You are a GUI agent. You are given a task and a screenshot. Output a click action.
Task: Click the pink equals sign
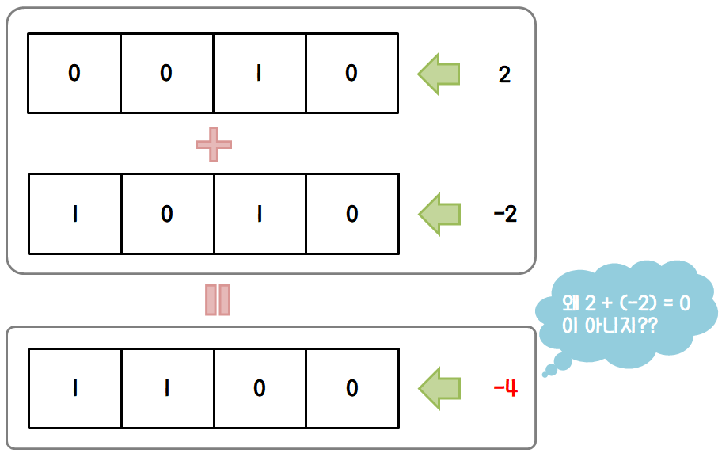click(x=217, y=299)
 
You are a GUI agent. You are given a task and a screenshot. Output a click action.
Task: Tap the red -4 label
click(x=505, y=388)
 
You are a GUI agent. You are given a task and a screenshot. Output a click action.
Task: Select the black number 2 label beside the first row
click(x=504, y=75)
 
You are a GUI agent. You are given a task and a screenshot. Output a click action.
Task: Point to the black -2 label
click(x=504, y=215)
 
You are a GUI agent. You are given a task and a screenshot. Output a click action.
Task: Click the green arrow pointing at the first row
click(x=439, y=74)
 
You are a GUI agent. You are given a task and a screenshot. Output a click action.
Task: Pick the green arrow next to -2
click(x=439, y=214)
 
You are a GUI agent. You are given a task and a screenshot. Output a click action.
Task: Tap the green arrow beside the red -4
click(x=439, y=388)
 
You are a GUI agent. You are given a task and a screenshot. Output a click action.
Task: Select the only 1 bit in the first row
click(x=259, y=74)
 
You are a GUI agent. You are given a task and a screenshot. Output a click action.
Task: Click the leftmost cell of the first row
click(x=74, y=74)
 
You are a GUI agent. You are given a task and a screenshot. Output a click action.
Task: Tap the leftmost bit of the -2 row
click(x=74, y=214)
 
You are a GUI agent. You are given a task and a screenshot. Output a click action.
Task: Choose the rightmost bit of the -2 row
click(x=351, y=214)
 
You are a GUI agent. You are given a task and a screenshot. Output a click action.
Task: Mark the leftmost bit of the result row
click(x=74, y=388)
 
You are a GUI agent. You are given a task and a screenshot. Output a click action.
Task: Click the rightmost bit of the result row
click(x=351, y=388)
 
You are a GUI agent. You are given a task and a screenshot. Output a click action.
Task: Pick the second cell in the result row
click(x=167, y=388)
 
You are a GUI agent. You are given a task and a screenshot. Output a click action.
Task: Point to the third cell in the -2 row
click(x=259, y=214)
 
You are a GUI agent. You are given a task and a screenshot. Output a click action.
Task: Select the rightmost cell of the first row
click(x=351, y=74)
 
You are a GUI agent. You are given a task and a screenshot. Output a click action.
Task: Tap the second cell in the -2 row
click(x=167, y=214)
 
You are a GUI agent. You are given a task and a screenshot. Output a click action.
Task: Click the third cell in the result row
click(x=259, y=388)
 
